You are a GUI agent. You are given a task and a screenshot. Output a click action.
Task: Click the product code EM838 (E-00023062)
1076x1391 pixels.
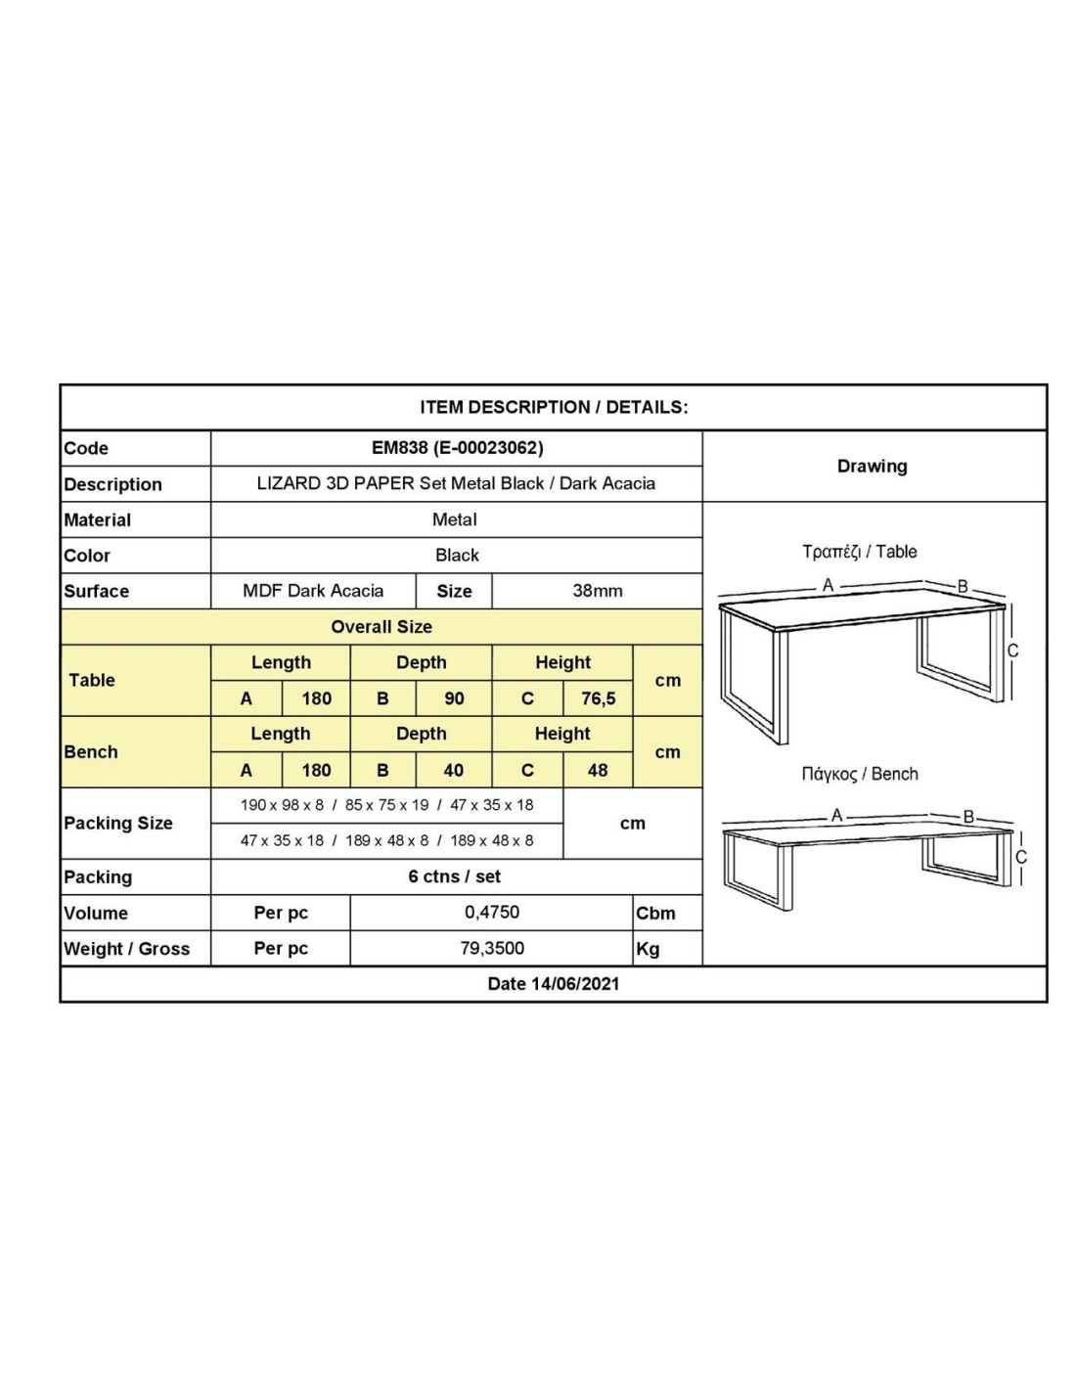[457, 448]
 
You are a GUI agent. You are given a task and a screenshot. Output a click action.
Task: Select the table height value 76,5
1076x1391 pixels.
[598, 698]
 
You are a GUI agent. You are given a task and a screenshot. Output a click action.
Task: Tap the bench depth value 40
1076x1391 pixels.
[453, 770]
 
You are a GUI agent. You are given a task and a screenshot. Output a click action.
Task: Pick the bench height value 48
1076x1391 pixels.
[597, 770]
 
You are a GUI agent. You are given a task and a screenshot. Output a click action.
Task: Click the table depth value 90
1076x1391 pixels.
[454, 698]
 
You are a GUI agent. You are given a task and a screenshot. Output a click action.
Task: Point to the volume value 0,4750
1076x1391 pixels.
[492, 912]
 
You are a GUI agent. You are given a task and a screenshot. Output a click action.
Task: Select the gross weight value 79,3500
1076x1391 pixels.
[492, 948]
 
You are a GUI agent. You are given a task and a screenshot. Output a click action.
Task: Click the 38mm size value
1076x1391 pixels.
[597, 591]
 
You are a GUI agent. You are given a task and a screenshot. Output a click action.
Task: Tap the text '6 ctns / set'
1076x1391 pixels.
[455, 876]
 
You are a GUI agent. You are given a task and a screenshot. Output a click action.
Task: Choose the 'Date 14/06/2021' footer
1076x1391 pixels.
[553, 984]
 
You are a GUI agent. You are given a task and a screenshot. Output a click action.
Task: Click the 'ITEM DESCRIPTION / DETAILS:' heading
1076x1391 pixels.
[554, 407]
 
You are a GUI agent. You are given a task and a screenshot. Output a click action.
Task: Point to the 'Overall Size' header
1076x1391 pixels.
[381, 627]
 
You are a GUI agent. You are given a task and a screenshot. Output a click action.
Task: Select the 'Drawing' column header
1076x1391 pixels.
[872, 467]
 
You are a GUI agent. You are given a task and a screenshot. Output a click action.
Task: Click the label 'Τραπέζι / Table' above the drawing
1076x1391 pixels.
[859, 552]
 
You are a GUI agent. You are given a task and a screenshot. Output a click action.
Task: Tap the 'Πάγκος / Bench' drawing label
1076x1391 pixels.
[859, 774]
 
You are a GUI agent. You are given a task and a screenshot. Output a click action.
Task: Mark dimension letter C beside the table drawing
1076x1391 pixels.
[1013, 651]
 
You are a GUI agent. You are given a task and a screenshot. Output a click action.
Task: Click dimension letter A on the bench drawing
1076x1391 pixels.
[836, 815]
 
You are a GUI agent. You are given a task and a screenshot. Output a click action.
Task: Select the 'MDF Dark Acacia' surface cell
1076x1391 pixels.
[313, 591]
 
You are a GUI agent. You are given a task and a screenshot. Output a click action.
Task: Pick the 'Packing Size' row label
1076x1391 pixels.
[118, 824]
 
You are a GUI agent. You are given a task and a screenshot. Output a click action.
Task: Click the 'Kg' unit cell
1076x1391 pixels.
[648, 949]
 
